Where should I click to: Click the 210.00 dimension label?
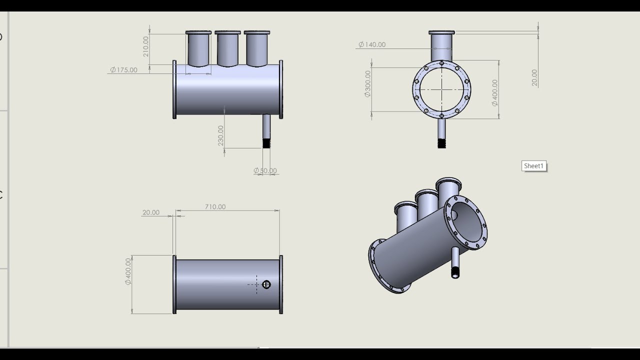click(x=145, y=46)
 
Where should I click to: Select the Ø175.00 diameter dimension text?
click(x=123, y=70)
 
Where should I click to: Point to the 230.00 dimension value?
click(x=220, y=135)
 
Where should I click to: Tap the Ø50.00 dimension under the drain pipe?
click(x=265, y=171)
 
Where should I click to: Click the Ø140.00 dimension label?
click(x=371, y=44)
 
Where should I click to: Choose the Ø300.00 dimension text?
click(x=368, y=83)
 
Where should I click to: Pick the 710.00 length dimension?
click(x=215, y=206)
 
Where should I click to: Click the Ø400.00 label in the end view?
click(x=495, y=92)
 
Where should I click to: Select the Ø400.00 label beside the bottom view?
click(x=128, y=271)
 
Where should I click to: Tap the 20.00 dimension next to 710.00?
click(x=150, y=212)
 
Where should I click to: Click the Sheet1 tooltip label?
click(x=533, y=166)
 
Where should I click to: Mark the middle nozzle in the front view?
click(x=227, y=48)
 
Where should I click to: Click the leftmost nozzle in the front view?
click(x=198, y=48)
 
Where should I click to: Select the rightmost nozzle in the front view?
click(x=257, y=48)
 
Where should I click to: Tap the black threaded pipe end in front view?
click(x=266, y=143)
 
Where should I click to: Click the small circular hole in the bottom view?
click(x=266, y=284)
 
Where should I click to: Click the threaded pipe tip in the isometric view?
click(x=455, y=273)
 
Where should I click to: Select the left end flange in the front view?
click(x=174, y=89)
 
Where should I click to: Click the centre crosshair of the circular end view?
click(x=441, y=89)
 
